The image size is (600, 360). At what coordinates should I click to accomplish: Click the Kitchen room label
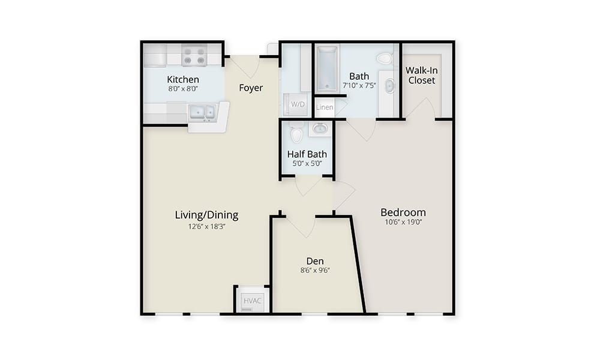tap(183, 80)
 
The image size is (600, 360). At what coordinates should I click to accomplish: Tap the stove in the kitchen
tap(194, 55)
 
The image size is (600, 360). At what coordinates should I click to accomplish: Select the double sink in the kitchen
tap(202, 112)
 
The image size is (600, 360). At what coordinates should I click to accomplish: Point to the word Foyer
tap(251, 88)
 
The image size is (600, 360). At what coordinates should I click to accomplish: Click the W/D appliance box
tap(298, 104)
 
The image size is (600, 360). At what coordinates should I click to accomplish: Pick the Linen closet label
tap(325, 107)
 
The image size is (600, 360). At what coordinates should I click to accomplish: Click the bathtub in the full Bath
tap(327, 68)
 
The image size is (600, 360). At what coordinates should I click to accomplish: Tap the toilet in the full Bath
tap(384, 59)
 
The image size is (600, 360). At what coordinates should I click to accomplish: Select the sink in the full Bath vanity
tap(389, 86)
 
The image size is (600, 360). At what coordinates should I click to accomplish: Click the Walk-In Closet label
tap(422, 76)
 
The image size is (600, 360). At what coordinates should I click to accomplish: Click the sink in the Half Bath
tap(320, 128)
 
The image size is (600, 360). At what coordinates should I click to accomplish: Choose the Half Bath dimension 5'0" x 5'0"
tap(307, 164)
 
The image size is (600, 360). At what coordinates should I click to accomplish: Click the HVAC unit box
tap(253, 300)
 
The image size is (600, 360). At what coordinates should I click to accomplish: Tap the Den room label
tap(315, 261)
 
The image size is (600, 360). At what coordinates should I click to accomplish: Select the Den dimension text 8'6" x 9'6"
tap(315, 271)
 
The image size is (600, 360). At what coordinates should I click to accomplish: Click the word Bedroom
tap(403, 212)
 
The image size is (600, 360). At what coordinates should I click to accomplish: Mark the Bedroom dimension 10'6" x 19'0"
tap(403, 222)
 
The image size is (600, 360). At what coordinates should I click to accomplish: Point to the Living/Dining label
tap(206, 215)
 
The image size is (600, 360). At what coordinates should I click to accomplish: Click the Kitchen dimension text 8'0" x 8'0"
tap(183, 89)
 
